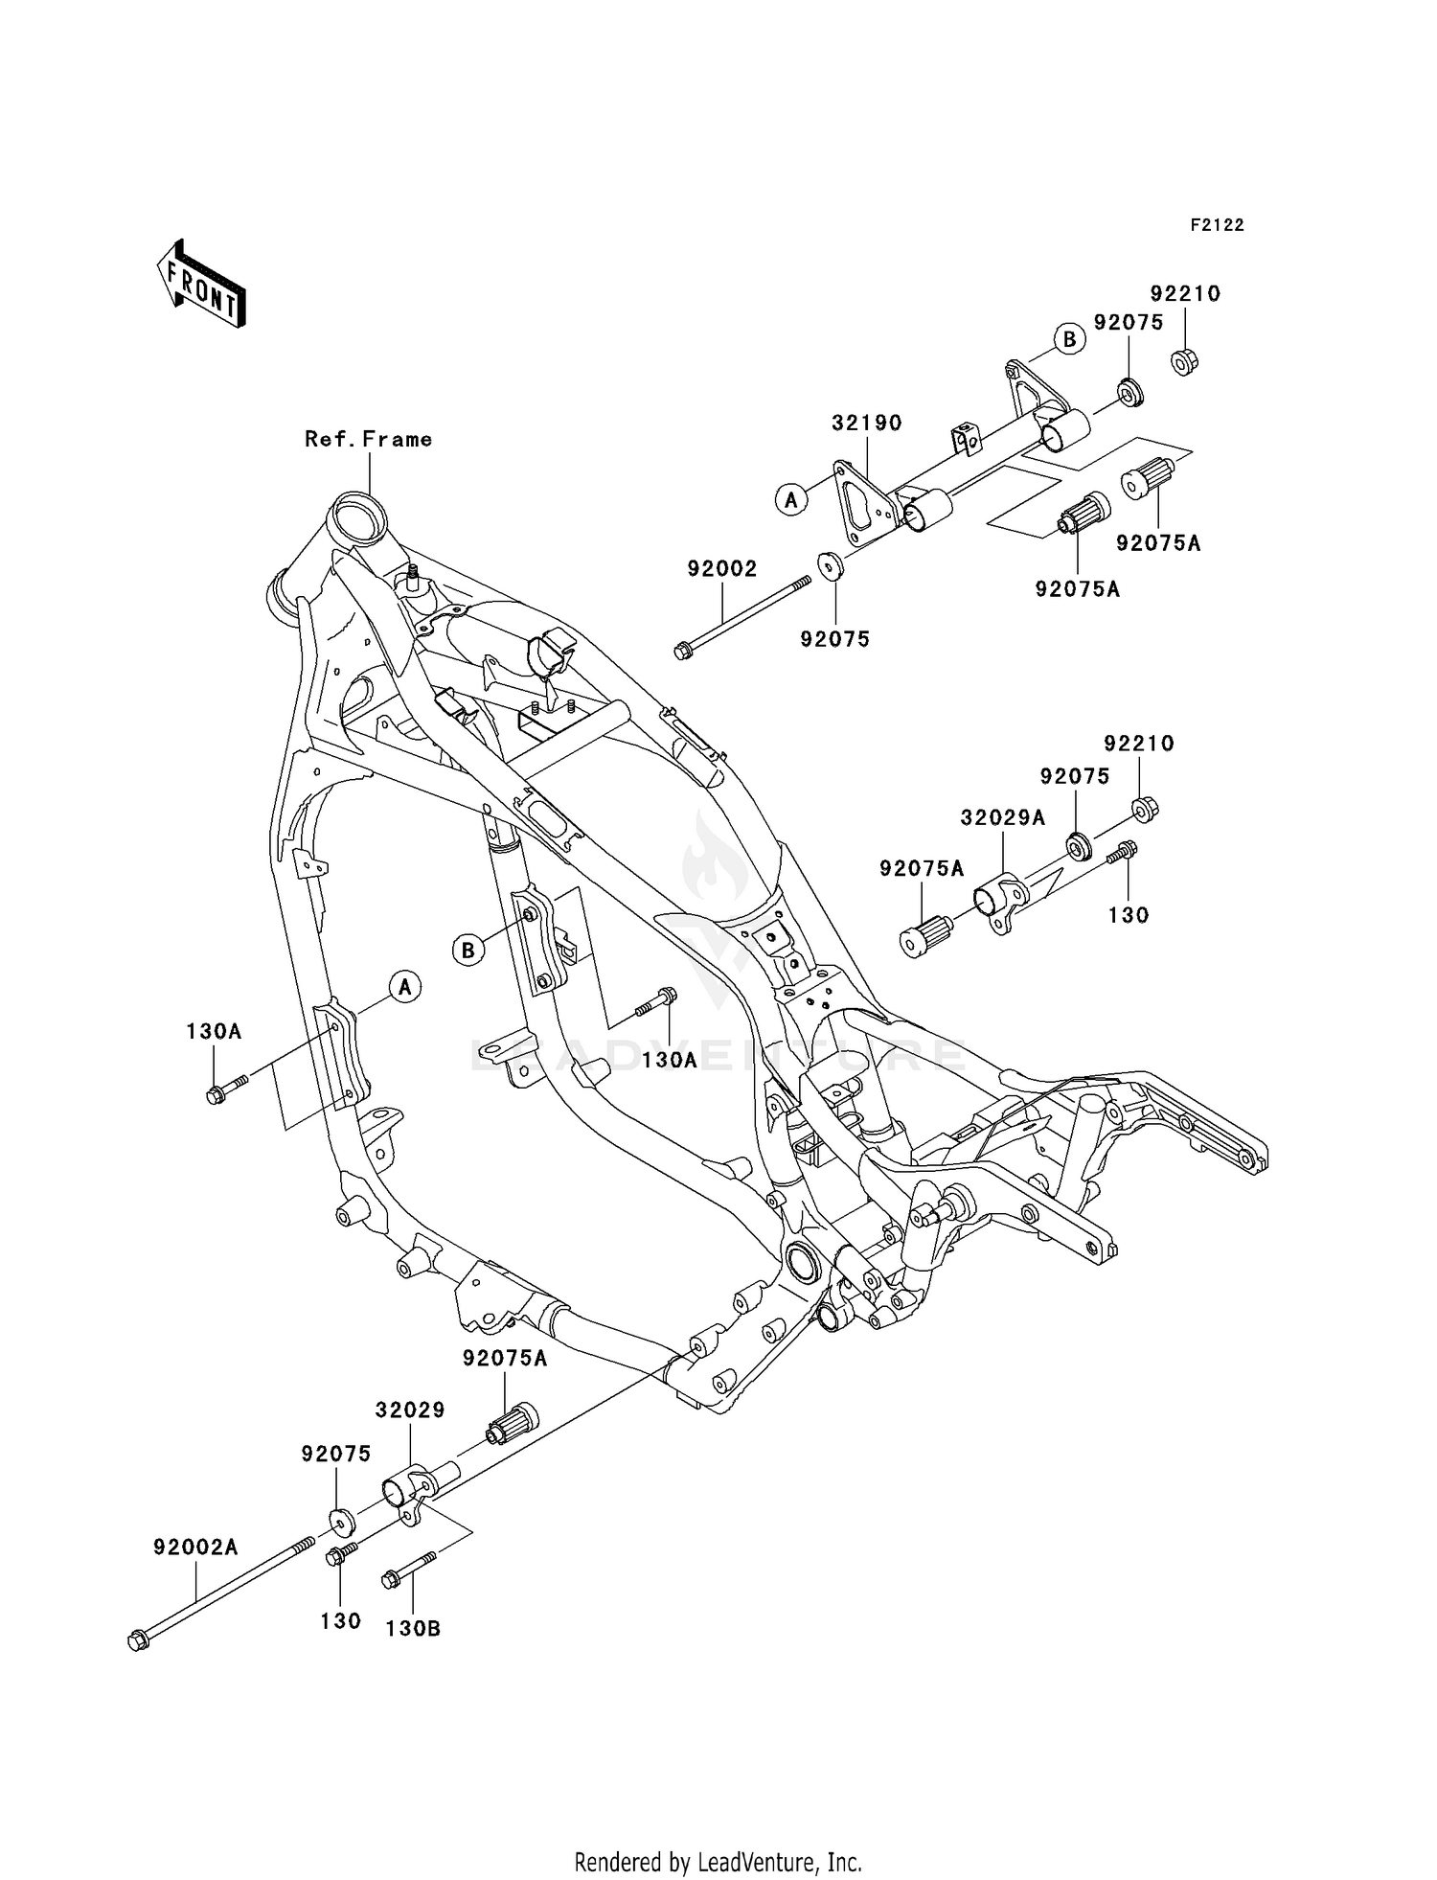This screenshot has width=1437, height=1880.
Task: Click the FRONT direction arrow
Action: click(202, 285)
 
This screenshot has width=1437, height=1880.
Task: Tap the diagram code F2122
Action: click(1217, 225)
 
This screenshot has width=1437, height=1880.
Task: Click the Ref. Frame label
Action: click(368, 439)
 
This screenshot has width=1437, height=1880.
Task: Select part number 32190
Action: click(866, 423)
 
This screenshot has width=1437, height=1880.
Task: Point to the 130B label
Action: click(413, 1628)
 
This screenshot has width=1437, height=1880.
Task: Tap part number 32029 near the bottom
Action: click(410, 1410)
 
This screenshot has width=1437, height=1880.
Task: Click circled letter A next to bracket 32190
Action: click(791, 499)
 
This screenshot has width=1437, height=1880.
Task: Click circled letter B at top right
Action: click(1069, 339)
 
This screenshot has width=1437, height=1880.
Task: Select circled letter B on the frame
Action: click(468, 950)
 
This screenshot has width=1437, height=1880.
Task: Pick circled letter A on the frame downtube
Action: click(405, 986)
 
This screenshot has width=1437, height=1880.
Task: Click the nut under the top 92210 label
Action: click(1185, 362)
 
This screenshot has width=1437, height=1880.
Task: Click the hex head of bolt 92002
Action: click(683, 652)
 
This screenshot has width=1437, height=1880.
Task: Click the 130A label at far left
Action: click(214, 1032)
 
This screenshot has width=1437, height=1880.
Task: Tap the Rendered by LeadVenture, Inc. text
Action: click(718, 1862)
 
